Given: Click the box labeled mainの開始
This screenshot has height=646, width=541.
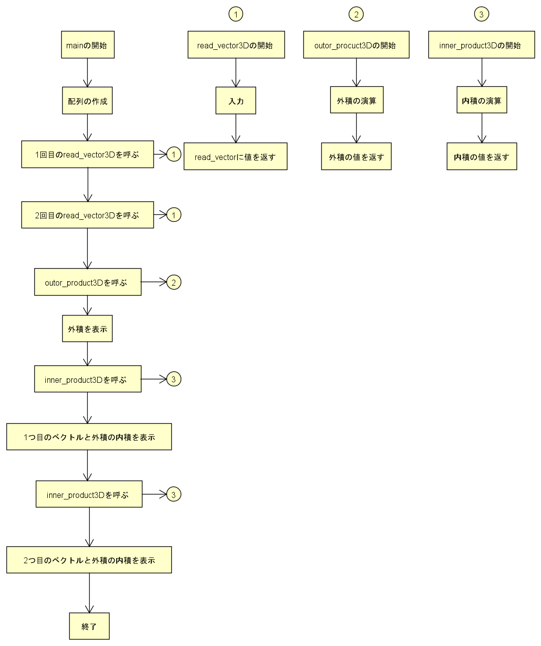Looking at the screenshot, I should (x=88, y=45).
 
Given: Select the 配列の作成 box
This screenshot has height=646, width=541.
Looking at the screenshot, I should (x=87, y=101).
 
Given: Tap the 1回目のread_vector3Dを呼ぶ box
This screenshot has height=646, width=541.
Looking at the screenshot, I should (x=87, y=155).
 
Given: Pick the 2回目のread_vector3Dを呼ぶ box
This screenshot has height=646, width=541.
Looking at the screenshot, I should (x=87, y=215).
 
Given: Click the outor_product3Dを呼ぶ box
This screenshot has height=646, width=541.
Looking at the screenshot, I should (x=88, y=282).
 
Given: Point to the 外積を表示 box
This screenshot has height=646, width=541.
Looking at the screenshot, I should (x=87, y=328).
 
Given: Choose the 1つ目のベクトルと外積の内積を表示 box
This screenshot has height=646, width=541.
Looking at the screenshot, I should (x=89, y=437).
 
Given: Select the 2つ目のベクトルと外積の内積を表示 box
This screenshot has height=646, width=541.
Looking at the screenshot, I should (x=89, y=560).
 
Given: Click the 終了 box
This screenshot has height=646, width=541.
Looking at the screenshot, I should (x=89, y=626).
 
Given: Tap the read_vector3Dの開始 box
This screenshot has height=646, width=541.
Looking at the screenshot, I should (x=236, y=45).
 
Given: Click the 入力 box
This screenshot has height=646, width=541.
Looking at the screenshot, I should (x=236, y=101).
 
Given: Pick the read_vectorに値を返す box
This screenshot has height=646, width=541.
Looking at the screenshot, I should (x=235, y=157).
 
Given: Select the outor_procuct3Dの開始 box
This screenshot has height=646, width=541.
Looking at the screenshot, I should (x=356, y=45).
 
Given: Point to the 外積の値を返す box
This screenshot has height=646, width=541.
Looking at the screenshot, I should (x=356, y=157).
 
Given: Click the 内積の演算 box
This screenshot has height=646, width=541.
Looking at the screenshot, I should (x=482, y=100).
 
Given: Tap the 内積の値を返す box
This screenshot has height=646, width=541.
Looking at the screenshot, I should (x=482, y=157).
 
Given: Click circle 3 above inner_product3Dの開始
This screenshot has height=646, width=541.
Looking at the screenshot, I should (x=481, y=14).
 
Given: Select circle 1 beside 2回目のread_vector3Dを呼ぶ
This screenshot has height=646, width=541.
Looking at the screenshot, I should (x=173, y=215).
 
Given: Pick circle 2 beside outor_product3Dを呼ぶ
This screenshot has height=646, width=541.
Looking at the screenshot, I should (x=173, y=282).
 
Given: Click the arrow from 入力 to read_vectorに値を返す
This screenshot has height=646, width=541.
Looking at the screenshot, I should (x=236, y=129).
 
